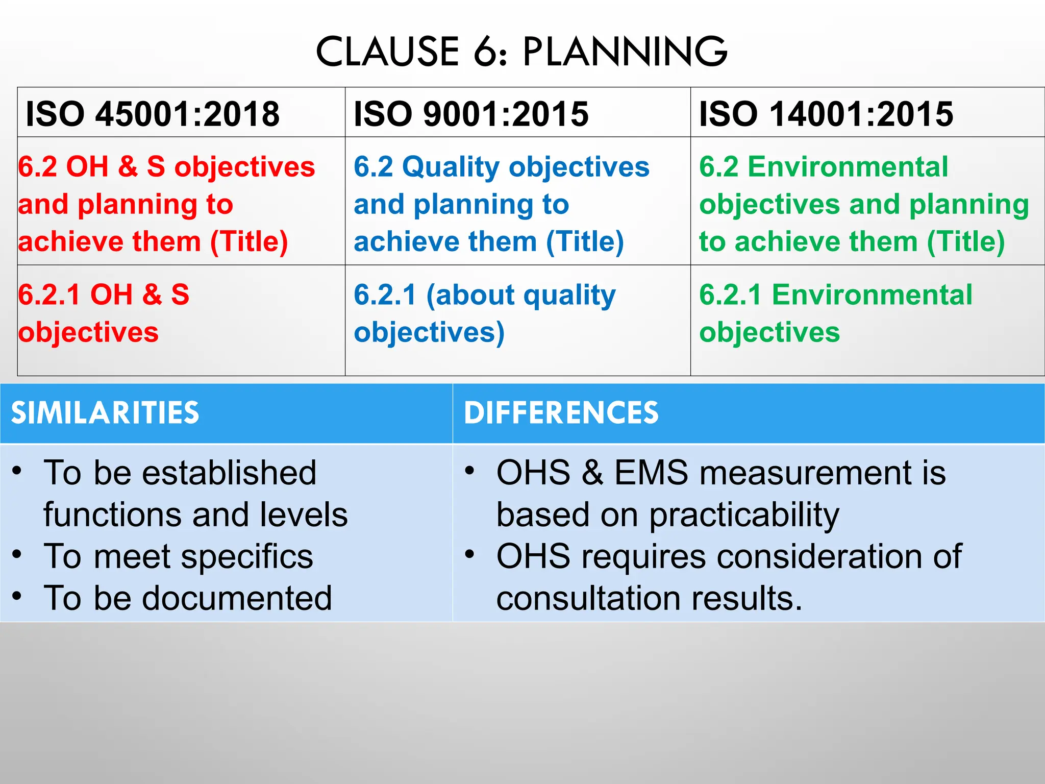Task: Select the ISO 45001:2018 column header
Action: (153, 113)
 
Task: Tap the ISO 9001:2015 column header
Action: (471, 113)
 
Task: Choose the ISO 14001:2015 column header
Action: (826, 113)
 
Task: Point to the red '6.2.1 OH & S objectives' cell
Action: (104, 313)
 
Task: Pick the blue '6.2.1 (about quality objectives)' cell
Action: (484, 313)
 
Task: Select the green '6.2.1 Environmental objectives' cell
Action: (835, 313)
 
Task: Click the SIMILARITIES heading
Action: (105, 412)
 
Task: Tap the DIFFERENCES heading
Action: (561, 412)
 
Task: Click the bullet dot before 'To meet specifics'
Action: (17, 554)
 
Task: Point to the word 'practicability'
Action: (744, 516)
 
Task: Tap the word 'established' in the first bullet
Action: (229, 473)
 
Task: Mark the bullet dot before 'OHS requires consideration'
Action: (469, 554)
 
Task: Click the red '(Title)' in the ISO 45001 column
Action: (249, 241)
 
